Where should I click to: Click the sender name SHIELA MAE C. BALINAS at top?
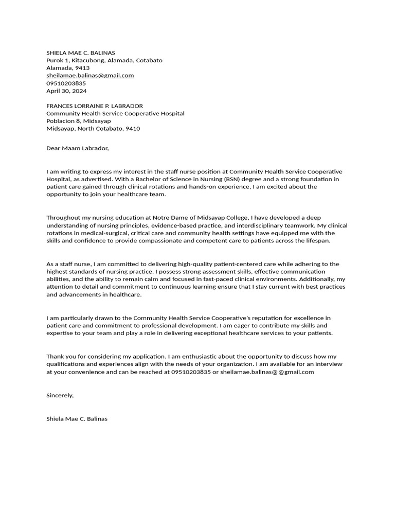(81, 52)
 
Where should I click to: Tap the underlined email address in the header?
(90, 75)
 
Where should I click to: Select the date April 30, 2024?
(67, 91)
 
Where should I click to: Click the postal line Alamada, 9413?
(68, 68)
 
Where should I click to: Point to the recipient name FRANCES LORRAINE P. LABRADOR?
(95, 106)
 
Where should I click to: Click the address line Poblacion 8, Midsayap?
(78, 121)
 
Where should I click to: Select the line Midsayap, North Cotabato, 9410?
(93, 129)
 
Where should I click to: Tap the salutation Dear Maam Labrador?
(78, 148)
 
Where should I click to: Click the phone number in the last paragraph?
(191, 372)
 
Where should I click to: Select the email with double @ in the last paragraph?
(267, 372)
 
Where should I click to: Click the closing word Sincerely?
(60, 395)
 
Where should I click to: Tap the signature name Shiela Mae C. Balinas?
(77, 418)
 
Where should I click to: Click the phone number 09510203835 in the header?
(66, 83)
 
